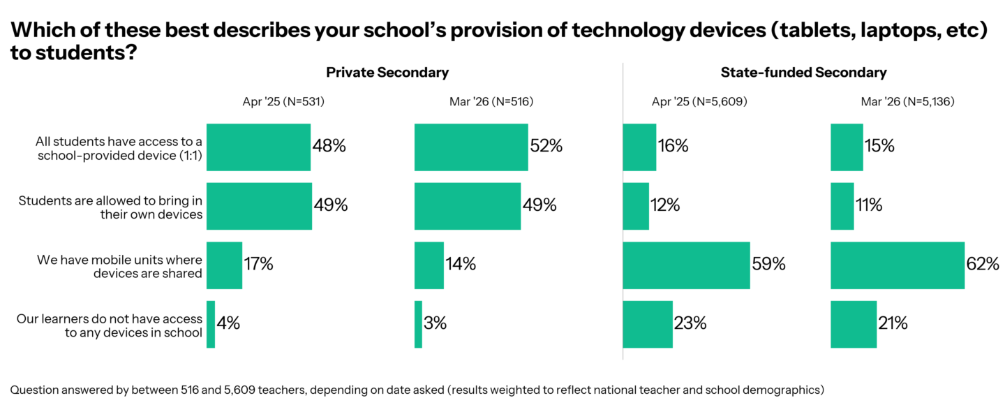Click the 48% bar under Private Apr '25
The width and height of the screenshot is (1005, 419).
[258, 147]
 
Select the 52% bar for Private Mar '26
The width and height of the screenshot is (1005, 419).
[471, 147]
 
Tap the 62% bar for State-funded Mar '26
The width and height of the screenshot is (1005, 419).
[898, 265]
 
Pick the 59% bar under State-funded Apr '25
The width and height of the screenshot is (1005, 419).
[686, 265]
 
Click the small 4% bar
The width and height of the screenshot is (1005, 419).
[211, 324]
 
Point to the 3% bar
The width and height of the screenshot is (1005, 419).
[418, 324]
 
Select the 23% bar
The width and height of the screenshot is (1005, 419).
[648, 324]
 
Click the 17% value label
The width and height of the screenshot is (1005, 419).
[258, 265]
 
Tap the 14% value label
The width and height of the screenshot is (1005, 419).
[461, 265]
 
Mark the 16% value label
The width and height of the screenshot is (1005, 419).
[673, 147]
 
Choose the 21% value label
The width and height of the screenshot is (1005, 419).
[893, 324]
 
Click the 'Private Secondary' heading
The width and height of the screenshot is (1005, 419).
[387, 73]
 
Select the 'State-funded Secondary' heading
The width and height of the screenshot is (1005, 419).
[803, 73]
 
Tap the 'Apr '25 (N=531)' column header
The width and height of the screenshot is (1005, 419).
[283, 102]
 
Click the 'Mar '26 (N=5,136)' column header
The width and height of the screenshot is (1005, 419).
[907, 102]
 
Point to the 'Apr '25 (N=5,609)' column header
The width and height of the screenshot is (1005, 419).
[699, 102]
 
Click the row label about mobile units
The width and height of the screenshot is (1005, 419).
[119, 266]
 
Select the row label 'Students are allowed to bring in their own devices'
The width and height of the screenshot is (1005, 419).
[110, 207]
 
